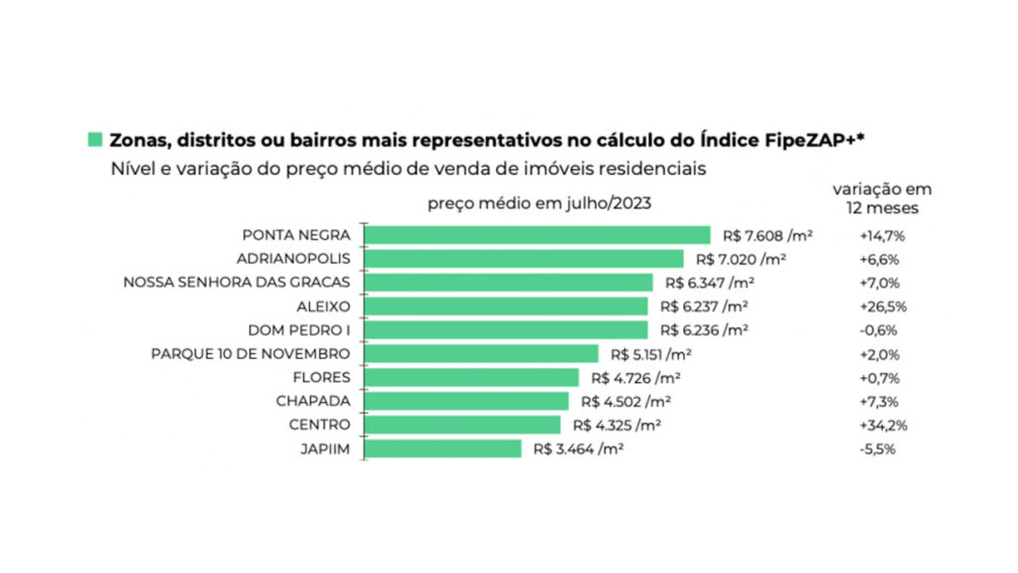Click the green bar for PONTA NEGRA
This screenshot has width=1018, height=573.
click(x=538, y=235)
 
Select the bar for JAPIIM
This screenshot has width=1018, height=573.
click(x=442, y=449)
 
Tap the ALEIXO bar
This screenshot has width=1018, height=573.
click(x=506, y=306)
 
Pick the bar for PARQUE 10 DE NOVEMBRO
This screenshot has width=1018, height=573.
click(x=481, y=354)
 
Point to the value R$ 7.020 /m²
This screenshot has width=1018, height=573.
click(x=741, y=259)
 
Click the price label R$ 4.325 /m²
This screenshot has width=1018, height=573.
click(x=616, y=426)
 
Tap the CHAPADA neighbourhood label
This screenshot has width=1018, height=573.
click(x=313, y=402)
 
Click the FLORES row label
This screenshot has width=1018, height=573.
click(x=322, y=378)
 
